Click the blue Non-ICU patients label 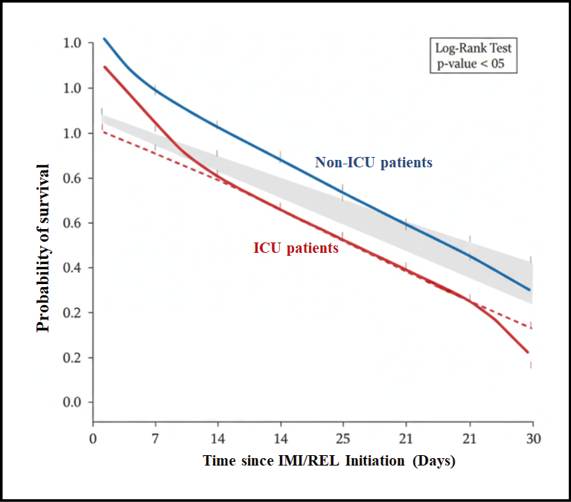point(373,162)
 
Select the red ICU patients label point(296,248)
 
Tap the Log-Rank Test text point(474,49)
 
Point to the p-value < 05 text point(474,65)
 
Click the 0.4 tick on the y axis point(73,268)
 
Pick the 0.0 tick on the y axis point(73,402)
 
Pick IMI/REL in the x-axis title point(303,461)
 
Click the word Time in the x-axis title point(220,461)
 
